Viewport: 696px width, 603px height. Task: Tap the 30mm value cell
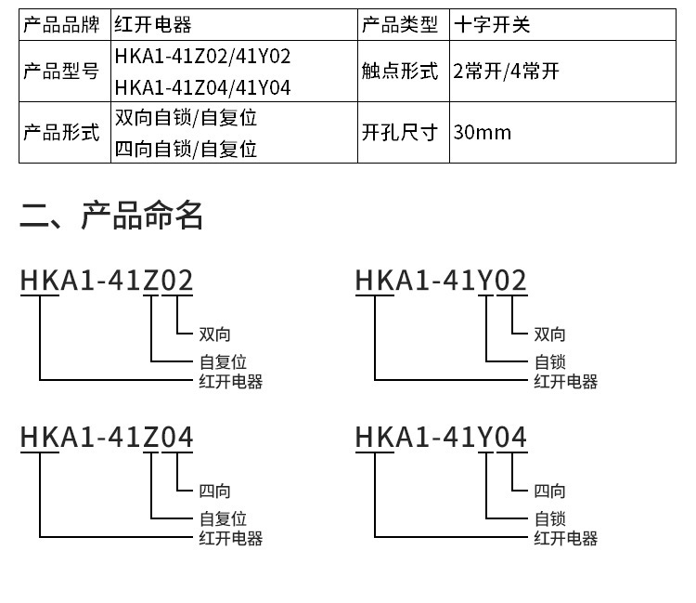[x=483, y=132]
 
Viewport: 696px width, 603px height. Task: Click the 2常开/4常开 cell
[x=507, y=72]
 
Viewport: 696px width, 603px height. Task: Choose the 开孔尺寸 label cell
[x=399, y=132]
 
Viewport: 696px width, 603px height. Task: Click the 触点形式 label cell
[x=399, y=72]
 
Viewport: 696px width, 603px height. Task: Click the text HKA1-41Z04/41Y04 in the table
[x=202, y=87]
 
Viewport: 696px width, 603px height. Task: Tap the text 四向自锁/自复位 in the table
[x=186, y=148]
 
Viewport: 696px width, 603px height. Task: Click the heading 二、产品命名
[x=111, y=216]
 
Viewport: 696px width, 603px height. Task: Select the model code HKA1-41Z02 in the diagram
[x=107, y=280]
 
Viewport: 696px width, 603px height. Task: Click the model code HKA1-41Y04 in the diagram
[x=441, y=437]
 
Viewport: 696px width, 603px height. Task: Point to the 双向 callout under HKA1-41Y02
[x=549, y=334]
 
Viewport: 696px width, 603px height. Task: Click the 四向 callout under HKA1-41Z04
[x=214, y=491]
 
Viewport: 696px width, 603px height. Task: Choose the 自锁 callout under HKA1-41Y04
[x=549, y=518]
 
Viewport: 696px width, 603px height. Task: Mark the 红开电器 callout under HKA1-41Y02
[x=565, y=381]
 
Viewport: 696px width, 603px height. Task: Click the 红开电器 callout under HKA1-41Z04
[x=230, y=538]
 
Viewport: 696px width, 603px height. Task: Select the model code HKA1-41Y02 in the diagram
[x=441, y=280]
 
